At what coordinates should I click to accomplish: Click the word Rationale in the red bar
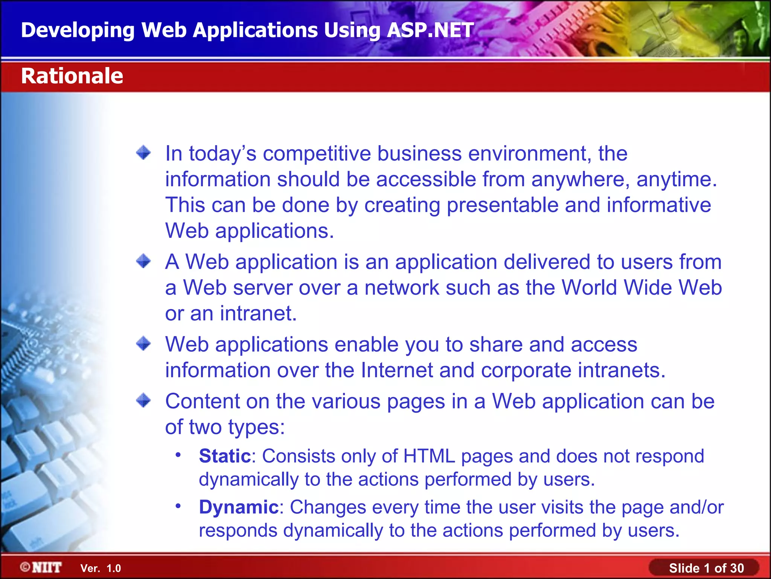[72, 76]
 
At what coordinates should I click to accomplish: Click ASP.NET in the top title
[430, 30]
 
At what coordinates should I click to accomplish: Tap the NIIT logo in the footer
[41, 567]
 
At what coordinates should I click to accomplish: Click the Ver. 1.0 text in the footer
[101, 568]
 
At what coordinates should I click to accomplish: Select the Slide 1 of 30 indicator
[706, 568]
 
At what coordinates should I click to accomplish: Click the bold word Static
[225, 456]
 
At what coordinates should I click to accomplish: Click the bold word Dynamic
[239, 507]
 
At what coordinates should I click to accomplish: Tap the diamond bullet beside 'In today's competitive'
[143, 153]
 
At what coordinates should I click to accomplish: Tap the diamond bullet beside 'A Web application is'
[143, 261]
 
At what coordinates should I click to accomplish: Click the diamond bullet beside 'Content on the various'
[143, 400]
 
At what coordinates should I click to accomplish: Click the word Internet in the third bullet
[397, 370]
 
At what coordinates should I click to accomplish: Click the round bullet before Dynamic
[178, 505]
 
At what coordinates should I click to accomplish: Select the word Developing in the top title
[78, 30]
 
